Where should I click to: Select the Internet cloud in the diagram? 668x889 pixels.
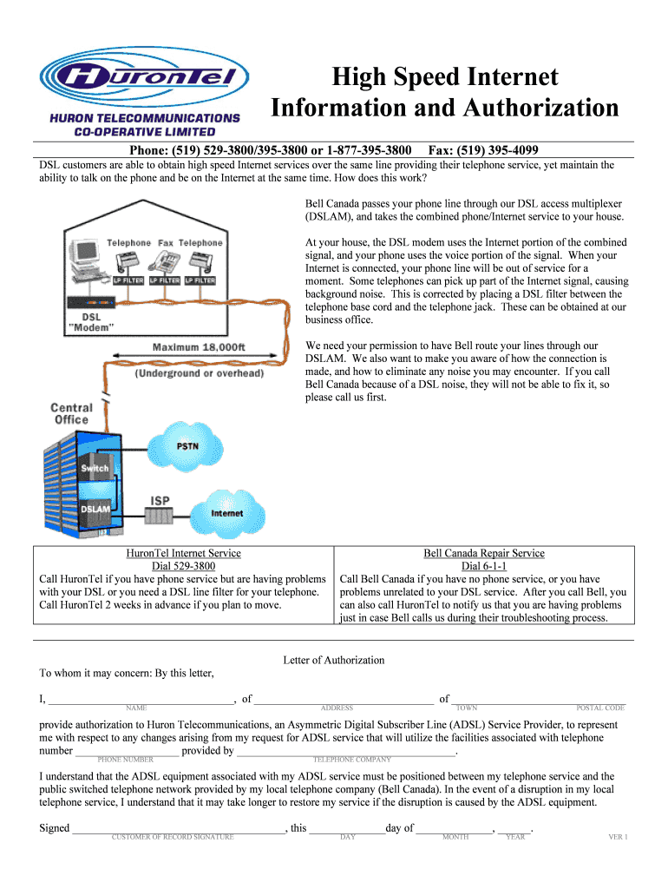tap(227, 512)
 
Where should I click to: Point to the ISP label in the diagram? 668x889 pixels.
tap(160, 501)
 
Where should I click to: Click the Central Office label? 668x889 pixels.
tap(72, 413)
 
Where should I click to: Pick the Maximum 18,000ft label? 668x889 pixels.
tap(200, 347)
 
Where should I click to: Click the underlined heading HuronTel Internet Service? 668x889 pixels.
tap(183, 553)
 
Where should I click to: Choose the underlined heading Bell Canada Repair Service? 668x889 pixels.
tap(484, 553)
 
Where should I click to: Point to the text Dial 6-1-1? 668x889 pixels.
tap(484, 566)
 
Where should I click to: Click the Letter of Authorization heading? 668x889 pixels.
tap(334, 660)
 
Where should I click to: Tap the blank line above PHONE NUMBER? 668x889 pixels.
tap(127, 753)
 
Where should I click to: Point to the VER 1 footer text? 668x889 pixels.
tap(617, 837)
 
